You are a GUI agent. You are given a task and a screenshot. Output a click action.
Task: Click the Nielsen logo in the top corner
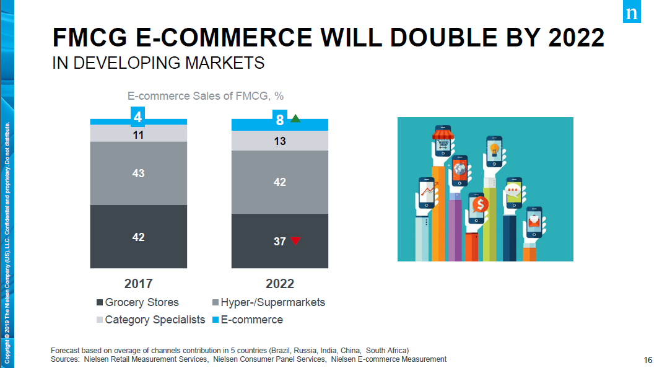pos(632,13)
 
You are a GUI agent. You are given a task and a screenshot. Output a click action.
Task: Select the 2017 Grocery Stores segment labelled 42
pos(138,237)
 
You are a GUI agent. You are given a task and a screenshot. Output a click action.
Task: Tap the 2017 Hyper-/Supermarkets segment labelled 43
pos(138,173)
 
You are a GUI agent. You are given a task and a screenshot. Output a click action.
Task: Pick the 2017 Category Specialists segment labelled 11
pos(138,133)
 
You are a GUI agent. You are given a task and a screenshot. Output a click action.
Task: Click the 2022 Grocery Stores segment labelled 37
pos(279,241)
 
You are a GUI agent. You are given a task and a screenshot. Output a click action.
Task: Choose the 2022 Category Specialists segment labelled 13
pos(279,141)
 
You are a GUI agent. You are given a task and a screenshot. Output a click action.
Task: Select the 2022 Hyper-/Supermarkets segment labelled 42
pos(279,182)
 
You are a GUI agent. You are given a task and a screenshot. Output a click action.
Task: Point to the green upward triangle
pos(295,118)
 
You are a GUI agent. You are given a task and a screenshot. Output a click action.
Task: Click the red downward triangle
pos(295,241)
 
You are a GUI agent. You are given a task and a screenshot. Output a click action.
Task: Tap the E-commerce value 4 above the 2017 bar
pos(138,116)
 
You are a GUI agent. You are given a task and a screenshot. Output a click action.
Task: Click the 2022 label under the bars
pos(280,284)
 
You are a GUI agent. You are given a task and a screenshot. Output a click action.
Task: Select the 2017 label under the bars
pos(138,284)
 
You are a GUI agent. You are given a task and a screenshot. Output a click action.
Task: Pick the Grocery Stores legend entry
pos(137,302)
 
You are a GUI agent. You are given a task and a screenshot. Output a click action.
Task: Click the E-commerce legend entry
pos(248,320)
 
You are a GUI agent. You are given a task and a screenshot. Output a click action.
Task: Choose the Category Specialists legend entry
pos(150,320)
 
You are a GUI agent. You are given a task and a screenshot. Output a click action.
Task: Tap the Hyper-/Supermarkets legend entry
pos(269,302)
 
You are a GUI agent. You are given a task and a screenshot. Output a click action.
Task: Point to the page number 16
pos(648,360)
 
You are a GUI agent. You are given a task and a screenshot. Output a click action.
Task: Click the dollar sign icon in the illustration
pos(478,203)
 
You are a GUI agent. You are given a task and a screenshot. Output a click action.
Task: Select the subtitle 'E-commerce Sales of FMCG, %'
pos(206,96)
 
